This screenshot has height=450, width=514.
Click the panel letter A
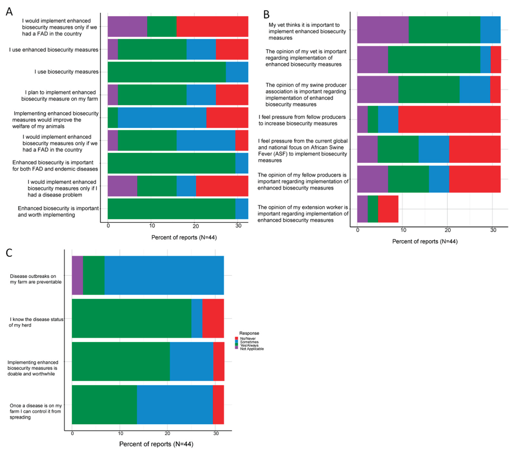point(9,12)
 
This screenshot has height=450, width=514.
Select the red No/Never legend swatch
point(236,338)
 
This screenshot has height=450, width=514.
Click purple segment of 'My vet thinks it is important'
point(383,30)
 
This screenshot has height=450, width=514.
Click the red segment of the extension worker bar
point(388,209)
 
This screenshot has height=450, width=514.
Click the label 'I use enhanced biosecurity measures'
point(54,50)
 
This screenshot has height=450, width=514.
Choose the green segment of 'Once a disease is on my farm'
point(104,405)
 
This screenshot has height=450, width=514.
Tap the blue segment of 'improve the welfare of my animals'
point(162,117)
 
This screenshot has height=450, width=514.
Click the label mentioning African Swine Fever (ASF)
point(302,151)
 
